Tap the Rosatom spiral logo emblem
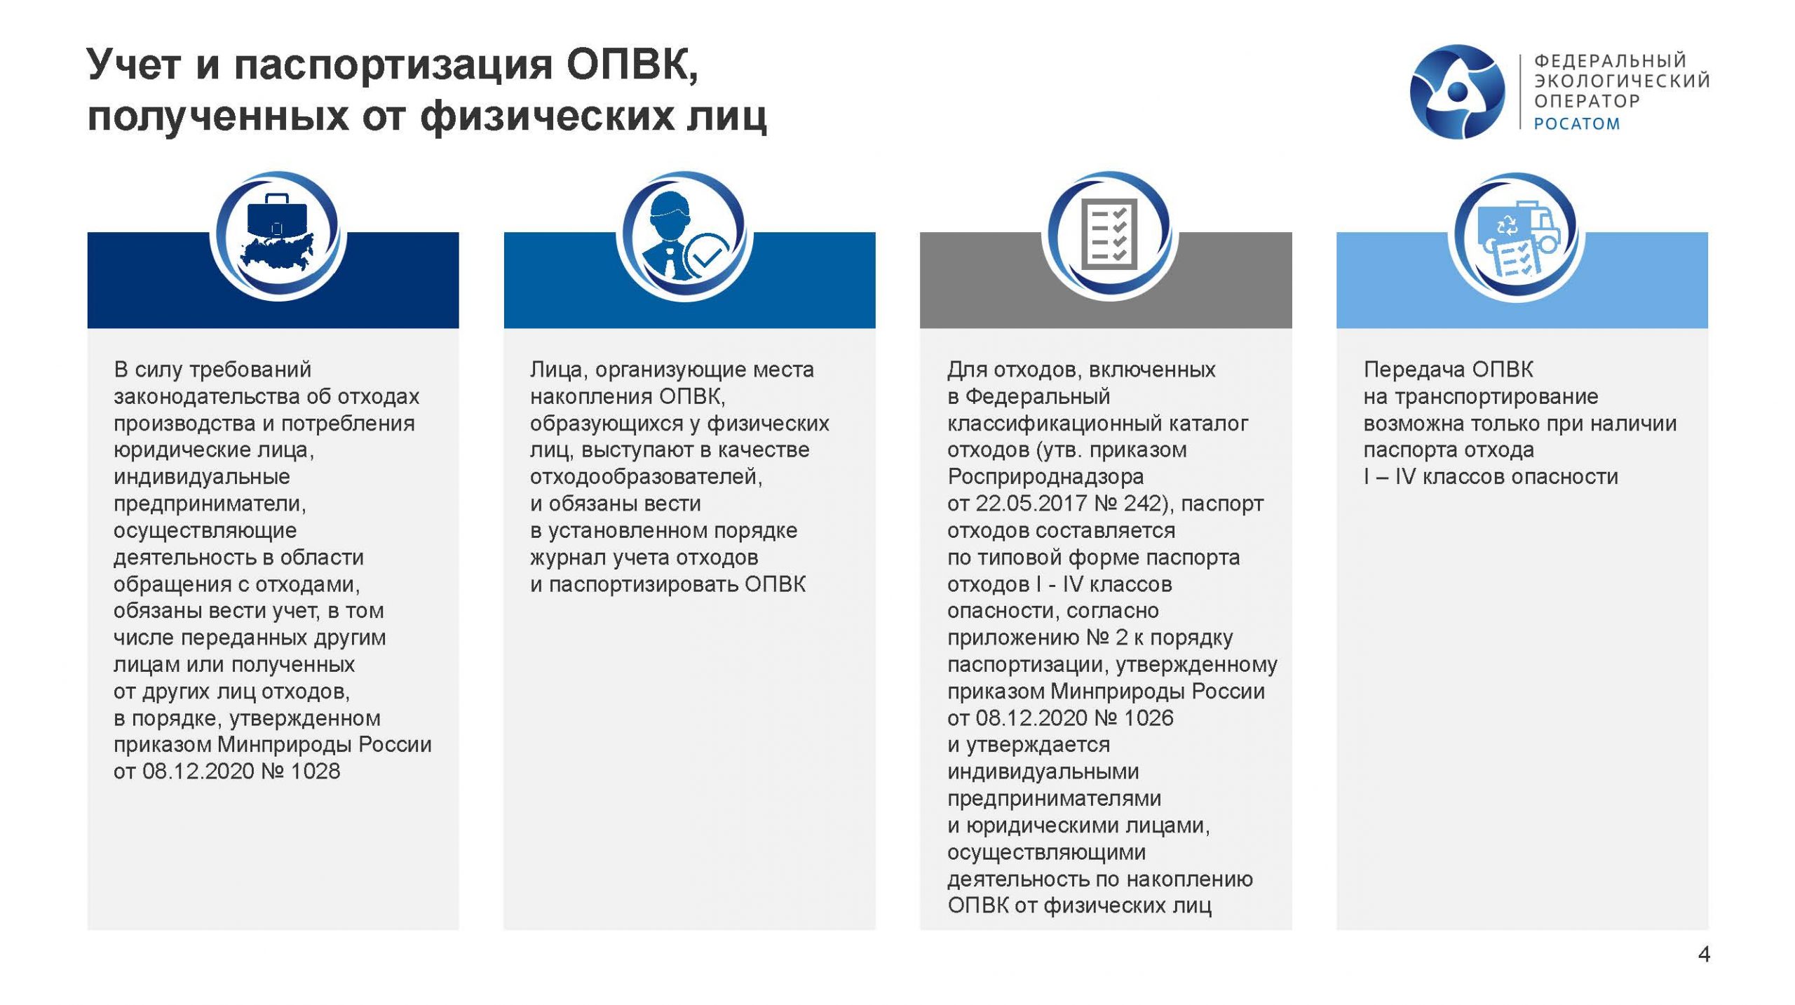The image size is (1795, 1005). coord(1457,91)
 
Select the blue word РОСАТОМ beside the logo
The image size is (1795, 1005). coord(1577,123)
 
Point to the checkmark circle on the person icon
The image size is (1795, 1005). coord(707,257)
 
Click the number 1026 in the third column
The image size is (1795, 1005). coord(1149,717)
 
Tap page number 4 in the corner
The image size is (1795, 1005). coord(1704,954)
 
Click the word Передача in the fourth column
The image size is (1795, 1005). coord(1414,370)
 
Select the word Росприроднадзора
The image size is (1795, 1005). coord(1045,477)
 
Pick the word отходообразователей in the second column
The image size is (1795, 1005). coord(646,477)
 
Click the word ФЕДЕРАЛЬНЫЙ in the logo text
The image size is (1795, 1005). coord(1611,61)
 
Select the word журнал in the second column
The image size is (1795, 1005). coord(568,558)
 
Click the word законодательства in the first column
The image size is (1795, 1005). coord(208,396)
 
